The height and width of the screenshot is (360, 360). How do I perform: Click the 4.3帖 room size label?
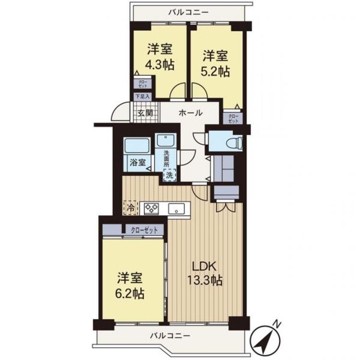159,65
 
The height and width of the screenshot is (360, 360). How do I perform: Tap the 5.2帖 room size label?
215,72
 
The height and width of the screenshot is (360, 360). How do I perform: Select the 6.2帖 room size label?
130,294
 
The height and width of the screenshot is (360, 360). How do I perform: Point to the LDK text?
204,266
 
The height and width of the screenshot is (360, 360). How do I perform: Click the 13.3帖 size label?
205,280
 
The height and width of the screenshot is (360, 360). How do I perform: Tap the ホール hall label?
191,113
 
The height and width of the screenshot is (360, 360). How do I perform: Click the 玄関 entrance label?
145,113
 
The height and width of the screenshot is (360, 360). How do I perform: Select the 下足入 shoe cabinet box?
142,96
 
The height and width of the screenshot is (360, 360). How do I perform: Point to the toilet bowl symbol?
234,143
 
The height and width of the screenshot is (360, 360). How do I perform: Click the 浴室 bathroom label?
138,163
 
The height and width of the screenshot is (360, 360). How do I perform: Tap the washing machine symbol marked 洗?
169,175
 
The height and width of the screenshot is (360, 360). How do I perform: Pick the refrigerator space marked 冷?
131,208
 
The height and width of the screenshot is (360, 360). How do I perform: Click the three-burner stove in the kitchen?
151,209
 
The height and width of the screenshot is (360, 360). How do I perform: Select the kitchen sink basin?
176,209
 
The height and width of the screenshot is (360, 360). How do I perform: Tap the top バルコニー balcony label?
189,12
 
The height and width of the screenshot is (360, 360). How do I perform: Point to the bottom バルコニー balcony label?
170,336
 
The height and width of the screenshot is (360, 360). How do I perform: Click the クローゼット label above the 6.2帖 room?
144,230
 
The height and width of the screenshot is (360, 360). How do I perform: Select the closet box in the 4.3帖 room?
143,84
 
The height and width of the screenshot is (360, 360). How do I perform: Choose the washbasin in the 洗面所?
166,140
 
